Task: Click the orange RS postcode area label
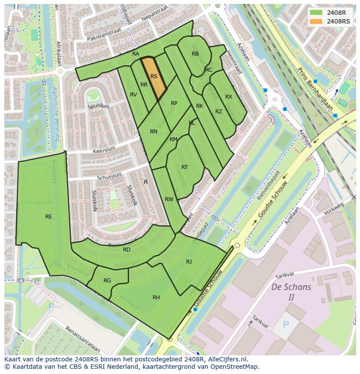[154, 76]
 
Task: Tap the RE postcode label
[49, 216]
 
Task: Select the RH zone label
[156, 297]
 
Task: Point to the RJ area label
[189, 261]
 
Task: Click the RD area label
[127, 249]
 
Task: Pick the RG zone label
[107, 280]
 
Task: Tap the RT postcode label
[184, 167]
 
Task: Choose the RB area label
[195, 54]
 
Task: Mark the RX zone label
[229, 96]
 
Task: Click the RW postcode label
[169, 199]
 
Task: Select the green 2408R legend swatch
[316, 13]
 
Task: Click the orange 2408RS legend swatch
[316, 21]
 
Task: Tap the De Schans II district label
[291, 292]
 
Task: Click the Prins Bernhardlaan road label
[315, 89]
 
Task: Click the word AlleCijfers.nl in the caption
[227, 359]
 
